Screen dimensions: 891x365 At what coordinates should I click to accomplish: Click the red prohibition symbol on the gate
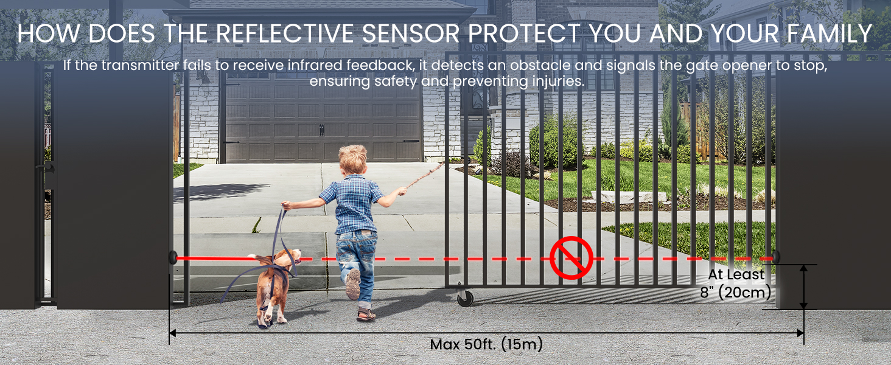pyautogui.click(x=571, y=258)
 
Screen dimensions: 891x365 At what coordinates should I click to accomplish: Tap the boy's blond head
pyautogui.click(x=353, y=159)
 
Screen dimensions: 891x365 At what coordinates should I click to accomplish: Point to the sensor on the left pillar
pyautogui.click(x=173, y=258)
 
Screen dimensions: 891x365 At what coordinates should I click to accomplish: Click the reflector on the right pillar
pyautogui.click(x=776, y=257)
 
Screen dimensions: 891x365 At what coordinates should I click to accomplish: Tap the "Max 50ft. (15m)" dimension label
pyautogui.click(x=486, y=344)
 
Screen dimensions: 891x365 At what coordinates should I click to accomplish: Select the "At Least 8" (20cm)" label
pyautogui.click(x=735, y=283)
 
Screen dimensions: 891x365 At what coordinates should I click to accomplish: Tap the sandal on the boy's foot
pyautogui.click(x=366, y=315)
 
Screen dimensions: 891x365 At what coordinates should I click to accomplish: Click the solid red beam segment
pyautogui.click(x=217, y=259)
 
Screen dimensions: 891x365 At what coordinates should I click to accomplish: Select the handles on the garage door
pyautogui.click(x=322, y=130)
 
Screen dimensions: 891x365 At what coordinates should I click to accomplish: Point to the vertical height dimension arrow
pyautogui.click(x=803, y=287)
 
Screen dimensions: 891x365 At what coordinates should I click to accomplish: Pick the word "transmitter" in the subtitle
pyautogui.click(x=142, y=65)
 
